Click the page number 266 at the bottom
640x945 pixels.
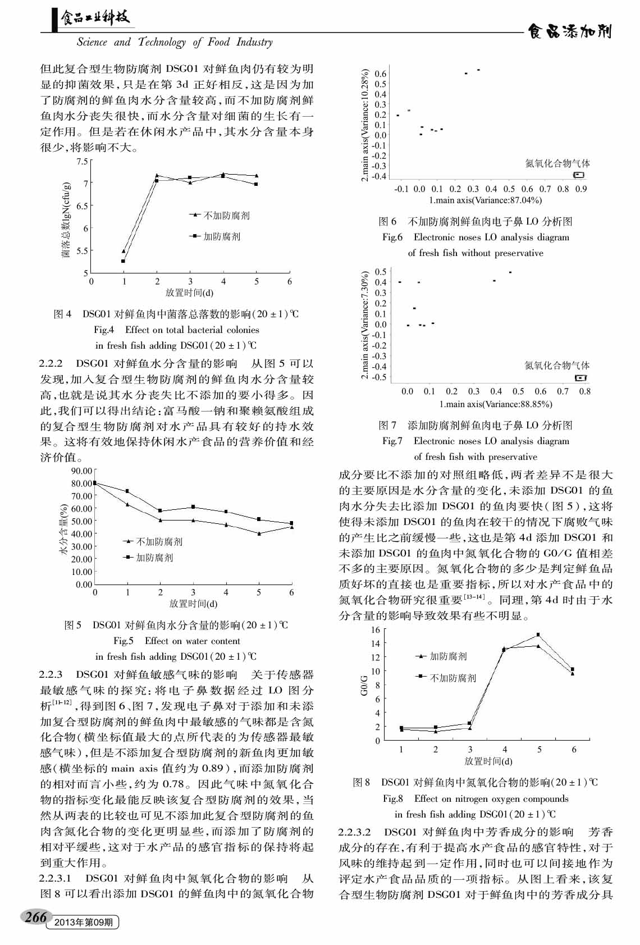[x=35, y=918]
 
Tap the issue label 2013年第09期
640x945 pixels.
[x=84, y=923]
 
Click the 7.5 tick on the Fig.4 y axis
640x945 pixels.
[x=82, y=162]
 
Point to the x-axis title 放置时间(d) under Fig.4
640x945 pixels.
[x=189, y=293]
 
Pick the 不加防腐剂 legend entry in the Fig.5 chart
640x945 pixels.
[x=159, y=542]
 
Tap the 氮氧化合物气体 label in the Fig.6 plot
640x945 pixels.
[x=557, y=163]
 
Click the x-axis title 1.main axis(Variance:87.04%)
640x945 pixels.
[x=485, y=200]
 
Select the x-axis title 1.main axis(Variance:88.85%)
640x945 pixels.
[x=496, y=404]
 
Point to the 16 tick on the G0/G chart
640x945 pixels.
[x=375, y=629]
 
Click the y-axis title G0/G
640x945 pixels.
[x=364, y=686]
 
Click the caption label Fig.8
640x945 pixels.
[x=393, y=798]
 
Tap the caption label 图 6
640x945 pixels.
[x=387, y=221]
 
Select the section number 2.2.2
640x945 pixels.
[x=51, y=363]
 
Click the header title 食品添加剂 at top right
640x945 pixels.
[x=569, y=32]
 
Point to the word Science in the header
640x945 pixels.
[x=92, y=42]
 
